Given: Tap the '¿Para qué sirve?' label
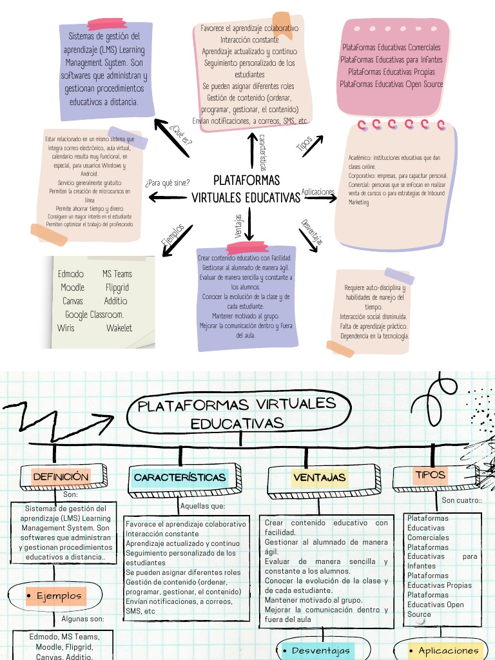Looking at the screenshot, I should click(x=168, y=182).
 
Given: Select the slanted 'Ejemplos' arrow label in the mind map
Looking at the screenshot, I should click(x=173, y=234).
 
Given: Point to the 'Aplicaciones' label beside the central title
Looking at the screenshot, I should click(x=318, y=192).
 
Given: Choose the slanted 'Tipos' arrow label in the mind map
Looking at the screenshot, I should click(x=305, y=143).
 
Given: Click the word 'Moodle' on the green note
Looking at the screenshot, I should click(x=72, y=287).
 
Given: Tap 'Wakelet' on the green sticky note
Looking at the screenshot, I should click(x=119, y=328).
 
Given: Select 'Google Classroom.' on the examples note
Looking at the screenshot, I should click(x=94, y=315).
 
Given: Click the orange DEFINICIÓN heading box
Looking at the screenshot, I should click(x=61, y=477).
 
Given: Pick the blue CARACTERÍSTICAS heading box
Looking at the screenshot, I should click(x=180, y=478).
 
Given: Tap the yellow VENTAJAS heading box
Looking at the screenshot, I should click(x=320, y=478).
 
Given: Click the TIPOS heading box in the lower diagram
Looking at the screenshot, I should click(x=431, y=475).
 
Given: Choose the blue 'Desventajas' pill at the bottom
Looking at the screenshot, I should click(x=316, y=651).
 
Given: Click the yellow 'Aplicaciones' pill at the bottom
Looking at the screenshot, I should click(x=444, y=651).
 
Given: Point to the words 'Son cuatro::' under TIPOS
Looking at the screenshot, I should click(x=461, y=500).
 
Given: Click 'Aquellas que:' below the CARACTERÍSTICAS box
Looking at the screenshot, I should click(x=202, y=506).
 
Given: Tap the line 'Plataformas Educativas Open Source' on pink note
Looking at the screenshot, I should click(x=391, y=84).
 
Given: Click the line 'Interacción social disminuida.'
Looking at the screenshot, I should click(x=373, y=316).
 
